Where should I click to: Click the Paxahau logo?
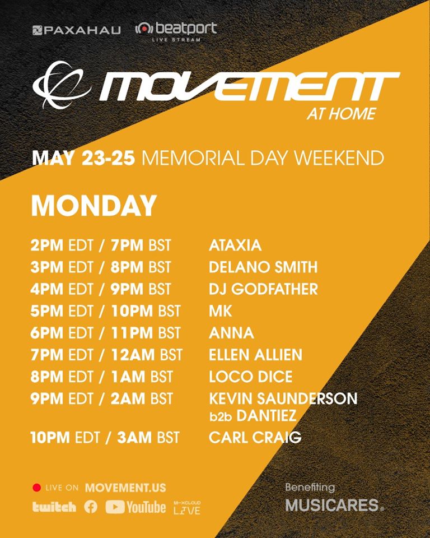pyautogui.click(x=77, y=30)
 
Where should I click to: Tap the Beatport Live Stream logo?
pyautogui.click(x=176, y=32)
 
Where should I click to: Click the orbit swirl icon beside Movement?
pyautogui.click(x=62, y=85)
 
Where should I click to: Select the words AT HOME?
pyautogui.click(x=342, y=114)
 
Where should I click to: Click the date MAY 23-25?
pyautogui.click(x=83, y=158)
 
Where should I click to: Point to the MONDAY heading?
pyautogui.click(x=94, y=205)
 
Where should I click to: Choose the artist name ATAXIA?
pyautogui.click(x=235, y=245)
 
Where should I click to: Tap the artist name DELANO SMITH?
pyautogui.click(x=263, y=267)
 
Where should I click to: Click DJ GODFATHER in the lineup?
pyautogui.click(x=263, y=289)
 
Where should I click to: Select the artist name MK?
pyautogui.click(x=221, y=311)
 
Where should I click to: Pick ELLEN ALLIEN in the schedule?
pyautogui.click(x=256, y=355)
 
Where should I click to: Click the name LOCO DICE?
pyautogui.click(x=251, y=377)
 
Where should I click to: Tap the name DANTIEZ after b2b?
pyautogui.click(x=267, y=416)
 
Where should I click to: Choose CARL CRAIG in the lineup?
pyautogui.click(x=255, y=438)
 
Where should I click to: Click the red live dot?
pyautogui.click(x=37, y=488)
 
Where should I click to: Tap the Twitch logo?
pyautogui.click(x=54, y=507)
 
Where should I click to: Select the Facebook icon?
pyautogui.click(x=91, y=507)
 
